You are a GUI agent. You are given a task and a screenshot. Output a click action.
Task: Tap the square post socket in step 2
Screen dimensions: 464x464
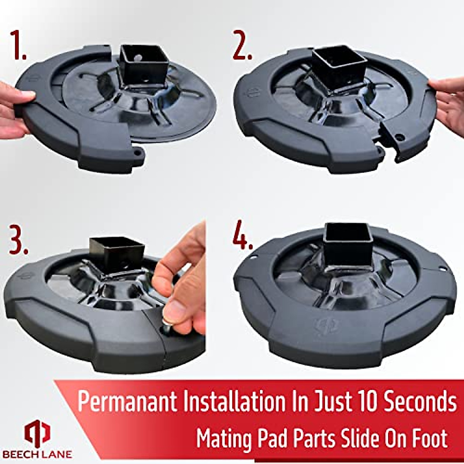coord(338,68)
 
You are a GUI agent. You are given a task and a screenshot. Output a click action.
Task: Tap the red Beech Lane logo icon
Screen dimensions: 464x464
coord(38,433)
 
